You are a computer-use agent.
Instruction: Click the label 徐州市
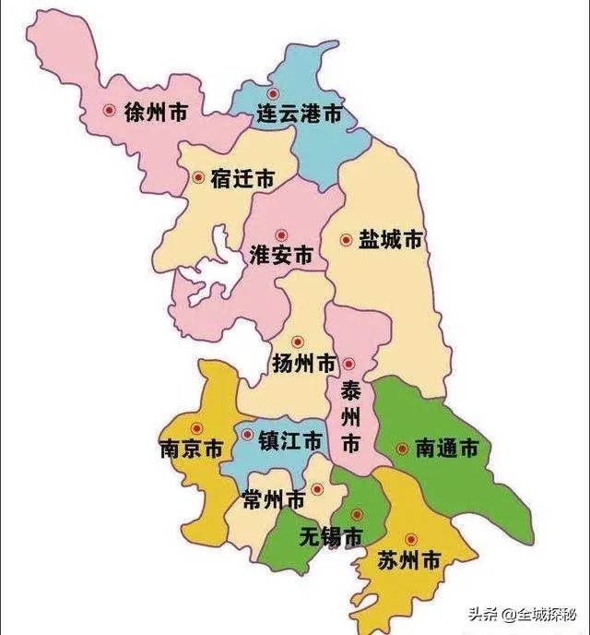tap(156, 114)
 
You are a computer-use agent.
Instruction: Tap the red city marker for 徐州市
tap(109, 111)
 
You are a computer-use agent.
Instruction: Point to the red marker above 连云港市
tap(272, 94)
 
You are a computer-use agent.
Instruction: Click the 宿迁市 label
tap(242, 179)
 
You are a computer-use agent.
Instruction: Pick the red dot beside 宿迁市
tap(198, 176)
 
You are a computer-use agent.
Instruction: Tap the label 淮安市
tap(281, 256)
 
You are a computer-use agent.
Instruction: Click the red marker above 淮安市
tap(281, 235)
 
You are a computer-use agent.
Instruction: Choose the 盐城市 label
tap(390, 240)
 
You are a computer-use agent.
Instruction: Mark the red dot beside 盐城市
tap(346, 240)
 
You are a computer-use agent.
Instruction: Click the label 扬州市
tap(305, 364)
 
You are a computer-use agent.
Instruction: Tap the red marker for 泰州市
tap(349, 363)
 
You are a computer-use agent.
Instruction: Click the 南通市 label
tap(447, 449)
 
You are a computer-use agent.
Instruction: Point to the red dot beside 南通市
tap(402, 449)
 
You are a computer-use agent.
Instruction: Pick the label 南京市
tap(191, 449)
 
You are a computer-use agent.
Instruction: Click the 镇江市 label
tap(290, 441)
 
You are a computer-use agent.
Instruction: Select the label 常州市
tap(273, 500)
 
